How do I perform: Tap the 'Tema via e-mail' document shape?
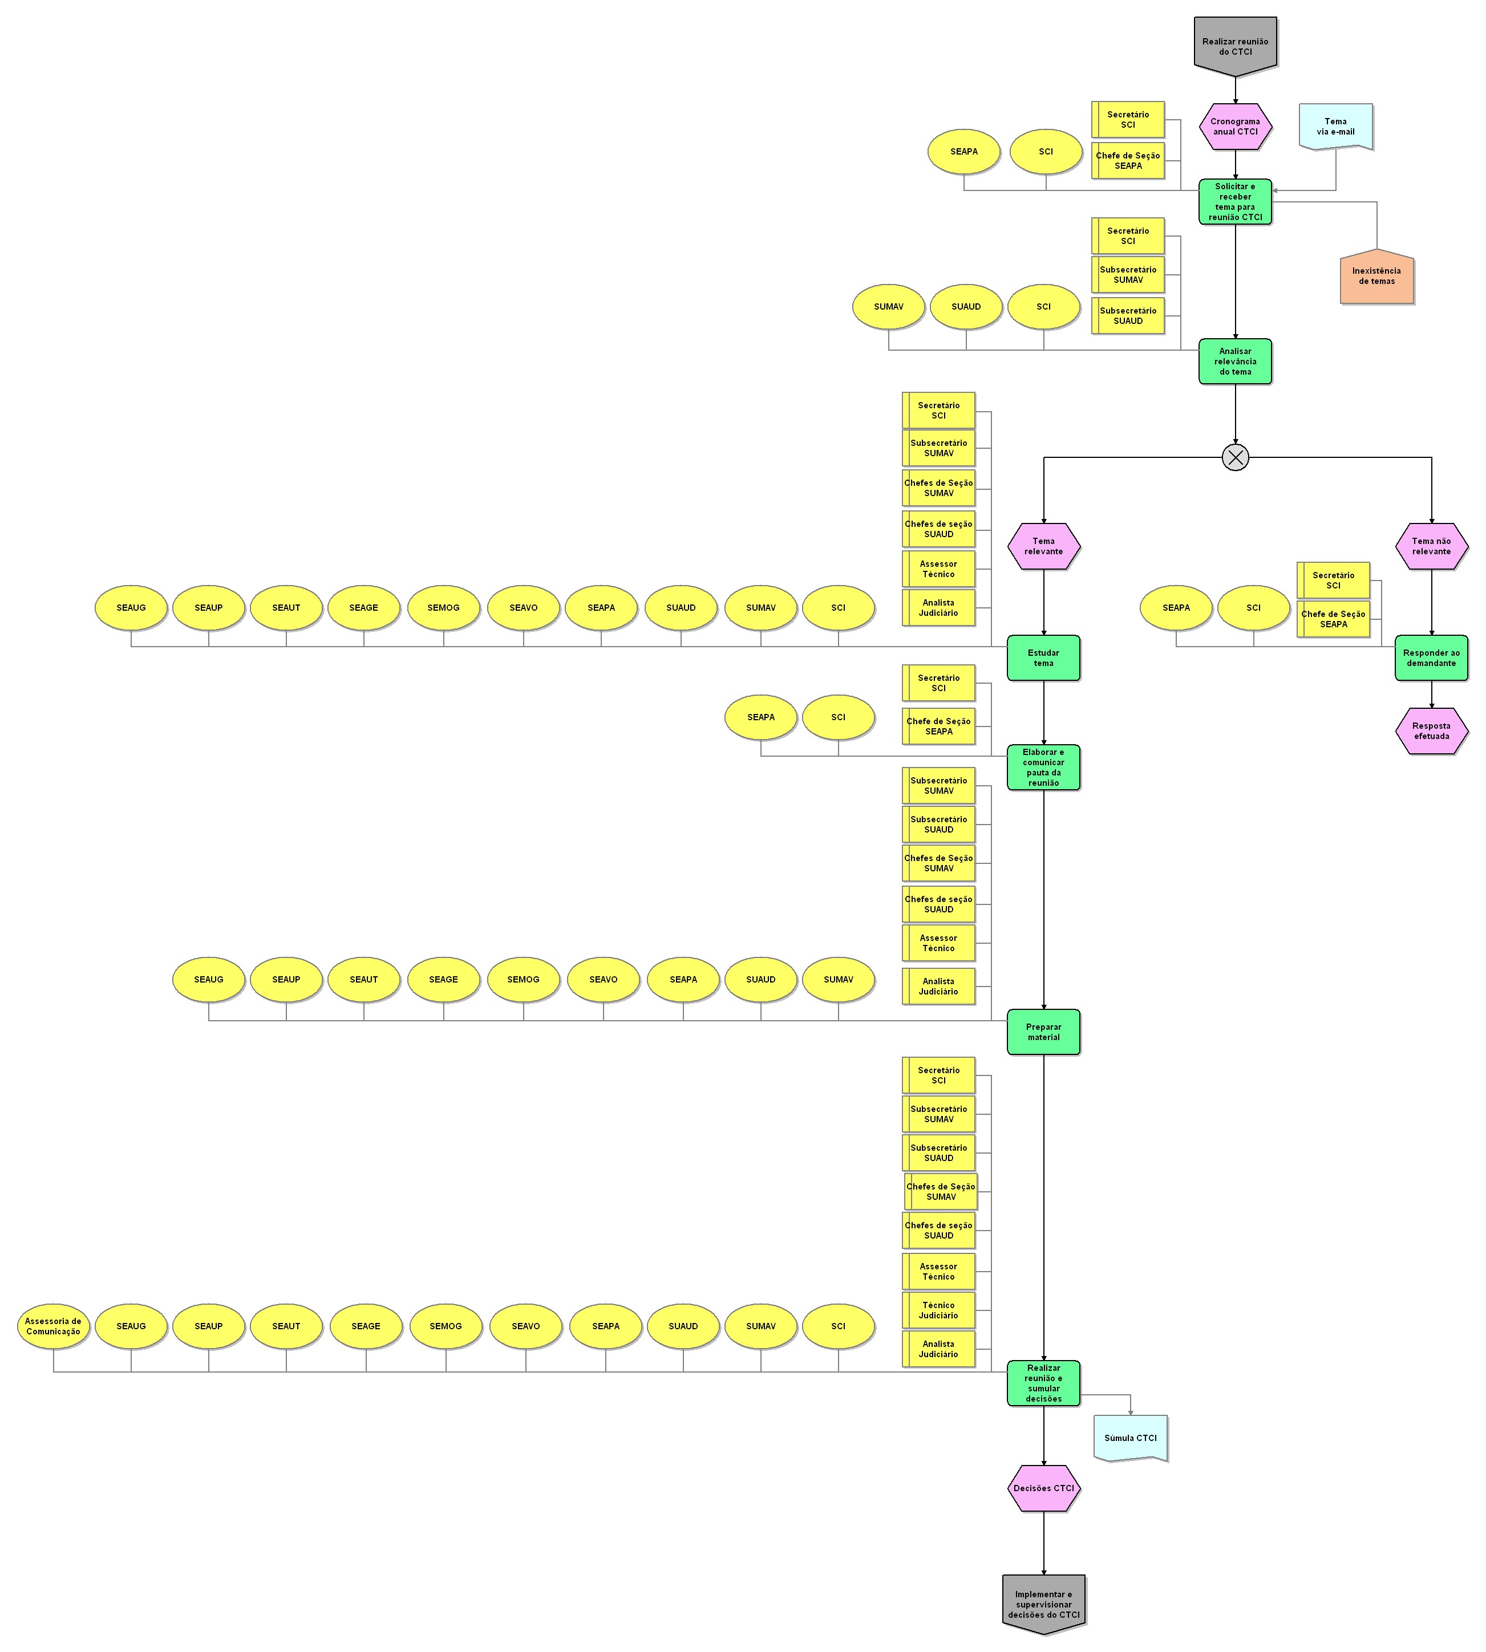(1335, 127)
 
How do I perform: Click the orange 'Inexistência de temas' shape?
(1376, 277)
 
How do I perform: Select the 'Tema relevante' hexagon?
(1043, 546)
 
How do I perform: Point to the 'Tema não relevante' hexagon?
(1431, 546)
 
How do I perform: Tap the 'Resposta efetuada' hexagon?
(1431, 730)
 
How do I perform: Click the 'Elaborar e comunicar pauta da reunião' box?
(1043, 767)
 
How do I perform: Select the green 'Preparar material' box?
(1043, 1032)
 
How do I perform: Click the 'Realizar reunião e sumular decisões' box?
(1043, 1383)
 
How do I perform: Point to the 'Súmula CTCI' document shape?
(1130, 1438)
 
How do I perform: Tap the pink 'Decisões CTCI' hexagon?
(1043, 1488)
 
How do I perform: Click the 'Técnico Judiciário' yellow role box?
(939, 1310)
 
